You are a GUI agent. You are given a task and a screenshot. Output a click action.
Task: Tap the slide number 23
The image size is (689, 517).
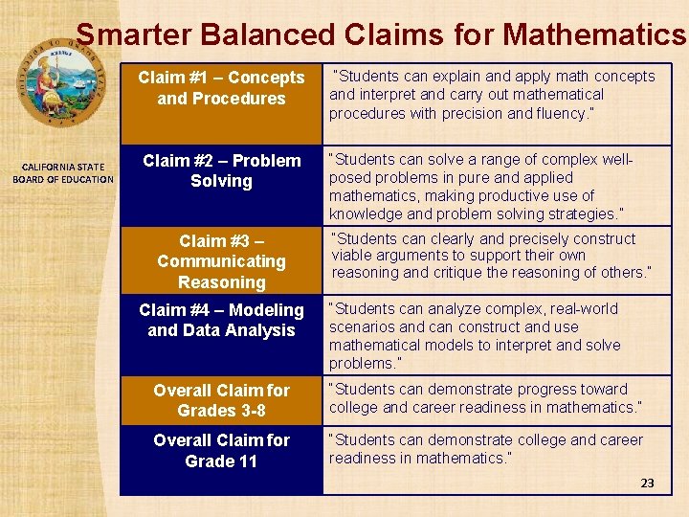pos(647,483)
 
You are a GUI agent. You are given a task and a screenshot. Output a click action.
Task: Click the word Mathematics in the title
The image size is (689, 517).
pos(594,35)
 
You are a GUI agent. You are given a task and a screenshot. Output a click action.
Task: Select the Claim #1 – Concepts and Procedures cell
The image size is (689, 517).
pos(221,88)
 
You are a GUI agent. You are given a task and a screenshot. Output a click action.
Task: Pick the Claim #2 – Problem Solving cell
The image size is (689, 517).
pos(221,170)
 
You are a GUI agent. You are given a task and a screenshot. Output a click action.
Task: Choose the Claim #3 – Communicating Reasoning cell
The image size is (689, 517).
pos(221,260)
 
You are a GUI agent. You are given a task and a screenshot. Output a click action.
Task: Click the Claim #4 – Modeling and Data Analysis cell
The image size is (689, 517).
pos(221,320)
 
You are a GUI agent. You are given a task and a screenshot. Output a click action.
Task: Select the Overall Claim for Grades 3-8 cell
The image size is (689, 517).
pos(221,400)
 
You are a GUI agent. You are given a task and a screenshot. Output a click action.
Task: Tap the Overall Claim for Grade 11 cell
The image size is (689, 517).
pos(221,451)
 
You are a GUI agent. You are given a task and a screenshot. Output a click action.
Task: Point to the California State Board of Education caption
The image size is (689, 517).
pos(63,173)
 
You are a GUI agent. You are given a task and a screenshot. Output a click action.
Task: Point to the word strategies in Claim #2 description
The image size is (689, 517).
pos(582,214)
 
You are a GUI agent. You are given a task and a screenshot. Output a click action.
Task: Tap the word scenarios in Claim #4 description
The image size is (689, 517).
pos(360,327)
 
